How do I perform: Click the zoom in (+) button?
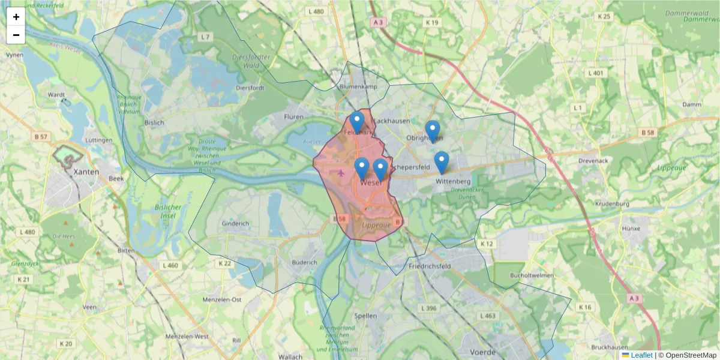[16, 17]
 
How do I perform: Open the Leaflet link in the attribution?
[641, 355]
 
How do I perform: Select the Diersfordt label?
[233, 86]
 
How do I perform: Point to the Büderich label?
[304, 262]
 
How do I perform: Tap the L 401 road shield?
[596, 73]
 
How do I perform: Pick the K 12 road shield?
[486, 244]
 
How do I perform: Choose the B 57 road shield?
[41, 137]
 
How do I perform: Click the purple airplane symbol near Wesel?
[342, 173]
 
